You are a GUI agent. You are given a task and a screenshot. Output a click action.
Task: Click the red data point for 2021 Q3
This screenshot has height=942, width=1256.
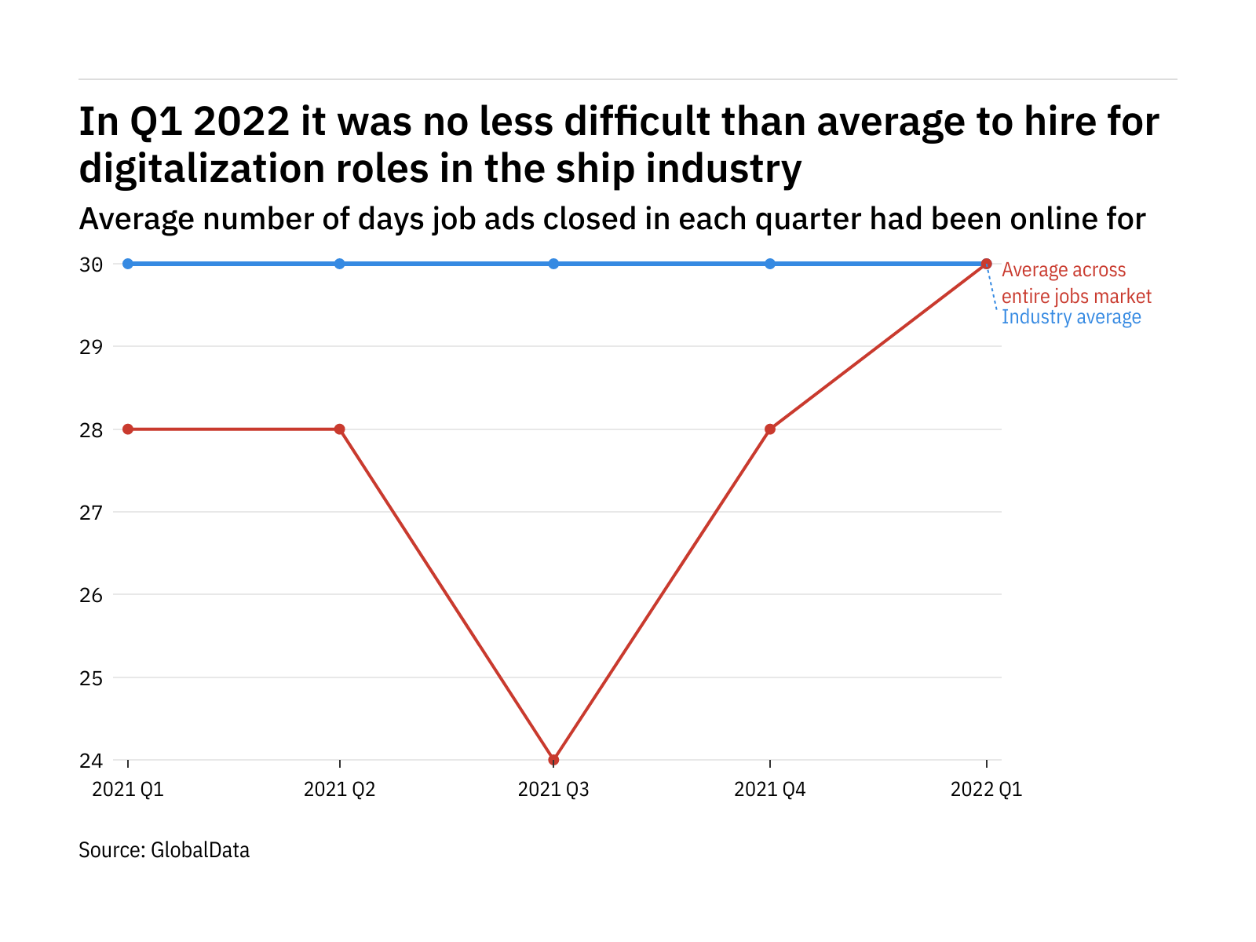[x=553, y=760]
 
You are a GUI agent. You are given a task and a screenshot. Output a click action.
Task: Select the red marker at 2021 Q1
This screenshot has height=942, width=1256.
[x=128, y=429]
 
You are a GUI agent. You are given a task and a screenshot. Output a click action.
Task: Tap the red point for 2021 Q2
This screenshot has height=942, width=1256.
[x=339, y=429]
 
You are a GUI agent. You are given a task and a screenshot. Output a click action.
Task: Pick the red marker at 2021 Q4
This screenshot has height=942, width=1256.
[x=770, y=429]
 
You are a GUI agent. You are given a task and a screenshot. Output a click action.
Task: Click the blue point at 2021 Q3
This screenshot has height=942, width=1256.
[x=553, y=264]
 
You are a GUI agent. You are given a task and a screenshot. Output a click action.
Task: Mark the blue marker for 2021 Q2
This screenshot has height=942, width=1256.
[x=339, y=264]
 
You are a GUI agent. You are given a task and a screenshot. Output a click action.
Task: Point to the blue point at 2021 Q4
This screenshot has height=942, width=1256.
[x=770, y=264]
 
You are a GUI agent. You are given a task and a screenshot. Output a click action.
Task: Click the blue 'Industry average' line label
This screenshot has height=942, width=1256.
[x=1071, y=317]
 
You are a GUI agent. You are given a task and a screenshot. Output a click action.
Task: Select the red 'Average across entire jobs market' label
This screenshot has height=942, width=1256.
[x=1076, y=283]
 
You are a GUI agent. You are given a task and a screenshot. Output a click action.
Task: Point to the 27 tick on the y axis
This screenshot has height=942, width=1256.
[x=91, y=513]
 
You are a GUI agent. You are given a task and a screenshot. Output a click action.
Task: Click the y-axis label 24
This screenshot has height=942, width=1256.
[x=91, y=761]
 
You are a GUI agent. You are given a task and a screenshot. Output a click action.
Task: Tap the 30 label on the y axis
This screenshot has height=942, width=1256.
[x=91, y=265]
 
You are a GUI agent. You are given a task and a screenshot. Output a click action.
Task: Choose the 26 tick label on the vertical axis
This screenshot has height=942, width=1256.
[x=91, y=595]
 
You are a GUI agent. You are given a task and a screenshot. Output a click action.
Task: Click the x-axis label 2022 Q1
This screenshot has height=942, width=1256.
[x=986, y=789]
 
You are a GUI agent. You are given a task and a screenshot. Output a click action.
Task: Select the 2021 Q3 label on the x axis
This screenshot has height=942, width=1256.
[x=553, y=789]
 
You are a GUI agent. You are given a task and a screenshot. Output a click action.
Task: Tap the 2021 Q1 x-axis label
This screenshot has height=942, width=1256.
[x=128, y=789]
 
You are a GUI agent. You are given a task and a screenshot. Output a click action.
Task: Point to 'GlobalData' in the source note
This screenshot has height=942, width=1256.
[x=200, y=850]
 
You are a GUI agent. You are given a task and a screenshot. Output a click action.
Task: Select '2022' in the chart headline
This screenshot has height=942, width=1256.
[x=241, y=122]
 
